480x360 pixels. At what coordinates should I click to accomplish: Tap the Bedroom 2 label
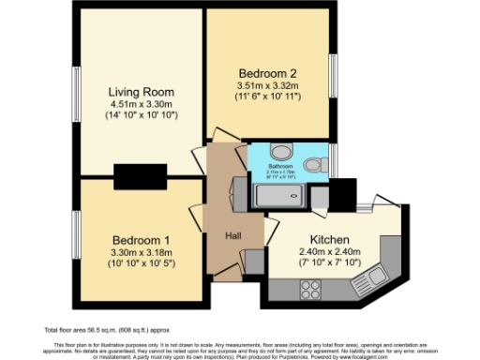267,73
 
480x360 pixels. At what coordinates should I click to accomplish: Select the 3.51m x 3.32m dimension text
267,86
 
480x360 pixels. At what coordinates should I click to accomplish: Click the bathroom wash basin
279,153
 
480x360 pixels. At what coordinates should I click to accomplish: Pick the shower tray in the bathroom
281,195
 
